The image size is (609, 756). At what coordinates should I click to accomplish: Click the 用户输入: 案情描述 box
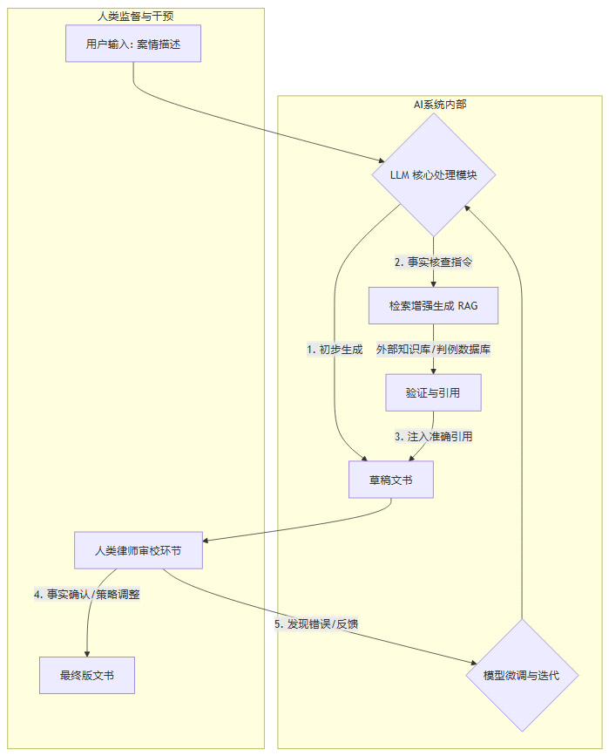coord(133,44)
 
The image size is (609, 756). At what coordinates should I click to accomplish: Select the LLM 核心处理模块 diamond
coord(434,175)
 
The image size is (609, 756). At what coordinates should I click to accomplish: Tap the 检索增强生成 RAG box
coord(434,305)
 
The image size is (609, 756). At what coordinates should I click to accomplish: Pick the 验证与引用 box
coord(434,392)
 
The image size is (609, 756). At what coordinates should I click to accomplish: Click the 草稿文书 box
coord(390,480)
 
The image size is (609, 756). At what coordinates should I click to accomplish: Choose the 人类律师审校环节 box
coord(139,550)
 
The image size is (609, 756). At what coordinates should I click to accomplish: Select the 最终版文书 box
coord(87,676)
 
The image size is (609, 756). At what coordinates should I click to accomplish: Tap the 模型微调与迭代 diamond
coord(521,676)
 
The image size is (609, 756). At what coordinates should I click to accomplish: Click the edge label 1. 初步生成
coord(335,349)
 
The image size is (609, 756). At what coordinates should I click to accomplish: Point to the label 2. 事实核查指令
coord(434,262)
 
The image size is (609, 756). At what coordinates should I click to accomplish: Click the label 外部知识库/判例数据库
coord(434,349)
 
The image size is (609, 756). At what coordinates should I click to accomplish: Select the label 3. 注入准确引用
coord(434,436)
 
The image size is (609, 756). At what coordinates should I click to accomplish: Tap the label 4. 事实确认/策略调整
coord(87,595)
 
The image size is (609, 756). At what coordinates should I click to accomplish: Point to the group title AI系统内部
coord(440,104)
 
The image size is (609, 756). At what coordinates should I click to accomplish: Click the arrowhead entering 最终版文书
coord(87,654)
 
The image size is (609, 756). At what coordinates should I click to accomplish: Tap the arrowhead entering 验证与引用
coord(434,371)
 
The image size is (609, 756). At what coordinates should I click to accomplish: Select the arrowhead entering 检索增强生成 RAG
coord(434,283)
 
